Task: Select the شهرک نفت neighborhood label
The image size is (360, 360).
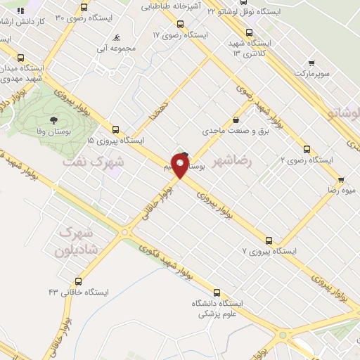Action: pyautogui.click(x=94, y=161)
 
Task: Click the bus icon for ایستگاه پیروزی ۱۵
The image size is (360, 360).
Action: pyautogui.click(x=116, y=129)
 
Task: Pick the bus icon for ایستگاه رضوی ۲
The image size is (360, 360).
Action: pyautogui.click(x=307, y=149)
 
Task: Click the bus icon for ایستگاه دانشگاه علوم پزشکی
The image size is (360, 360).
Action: pyautogui.click(x=217, y=291)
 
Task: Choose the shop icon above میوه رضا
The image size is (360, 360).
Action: pyautogui.click(x=340, y=179)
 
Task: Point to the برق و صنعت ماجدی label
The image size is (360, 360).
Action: pyautogui.click(x=226, y=131)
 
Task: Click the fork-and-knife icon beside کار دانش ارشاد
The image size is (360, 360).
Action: pyautogui.click(x=20, y=11)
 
